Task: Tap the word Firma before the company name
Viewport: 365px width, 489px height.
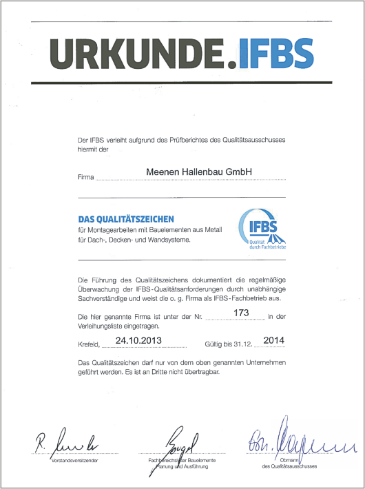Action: [85, 177]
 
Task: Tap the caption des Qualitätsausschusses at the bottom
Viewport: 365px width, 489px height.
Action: [290, 467]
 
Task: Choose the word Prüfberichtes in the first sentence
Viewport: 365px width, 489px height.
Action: [180, 141]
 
